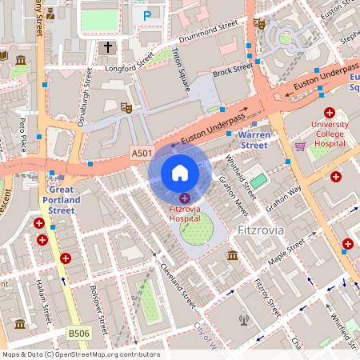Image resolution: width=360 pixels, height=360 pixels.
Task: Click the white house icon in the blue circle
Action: tap(180, 172)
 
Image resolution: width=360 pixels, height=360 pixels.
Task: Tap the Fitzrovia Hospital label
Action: tap(184, 214)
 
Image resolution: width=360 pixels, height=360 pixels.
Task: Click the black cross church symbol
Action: tap(109, 48)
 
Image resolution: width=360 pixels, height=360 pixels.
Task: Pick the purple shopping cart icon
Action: tap(301, 146)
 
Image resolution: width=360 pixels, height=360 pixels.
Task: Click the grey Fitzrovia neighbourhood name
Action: tap(262, 230)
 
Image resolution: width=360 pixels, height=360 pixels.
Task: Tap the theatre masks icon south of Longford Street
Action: tap(126, 106)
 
